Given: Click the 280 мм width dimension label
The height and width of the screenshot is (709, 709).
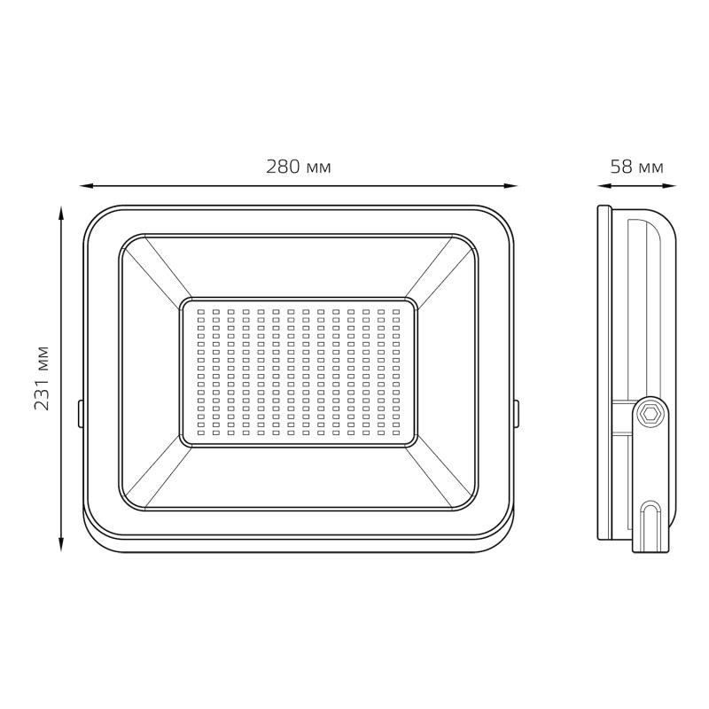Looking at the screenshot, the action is pyautogui.click(x=298, y=167).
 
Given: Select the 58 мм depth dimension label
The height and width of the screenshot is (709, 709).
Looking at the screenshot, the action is pyautogui.click(x=636, y=167).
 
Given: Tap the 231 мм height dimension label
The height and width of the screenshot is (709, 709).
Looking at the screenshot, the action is pyautogui.click(x=42, y=378).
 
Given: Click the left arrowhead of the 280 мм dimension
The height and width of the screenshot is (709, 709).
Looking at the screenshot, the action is pyautogui.click(x=86, y=185).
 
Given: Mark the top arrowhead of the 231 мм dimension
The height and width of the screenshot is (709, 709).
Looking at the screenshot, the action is pyautogui.click(x=61, y=213).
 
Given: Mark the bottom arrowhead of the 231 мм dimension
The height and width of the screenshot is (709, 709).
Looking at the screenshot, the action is pyautogui.click(x=61, y=544).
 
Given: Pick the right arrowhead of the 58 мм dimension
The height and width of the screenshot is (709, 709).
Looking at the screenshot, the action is pyautogui.click(x=670, y=185).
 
